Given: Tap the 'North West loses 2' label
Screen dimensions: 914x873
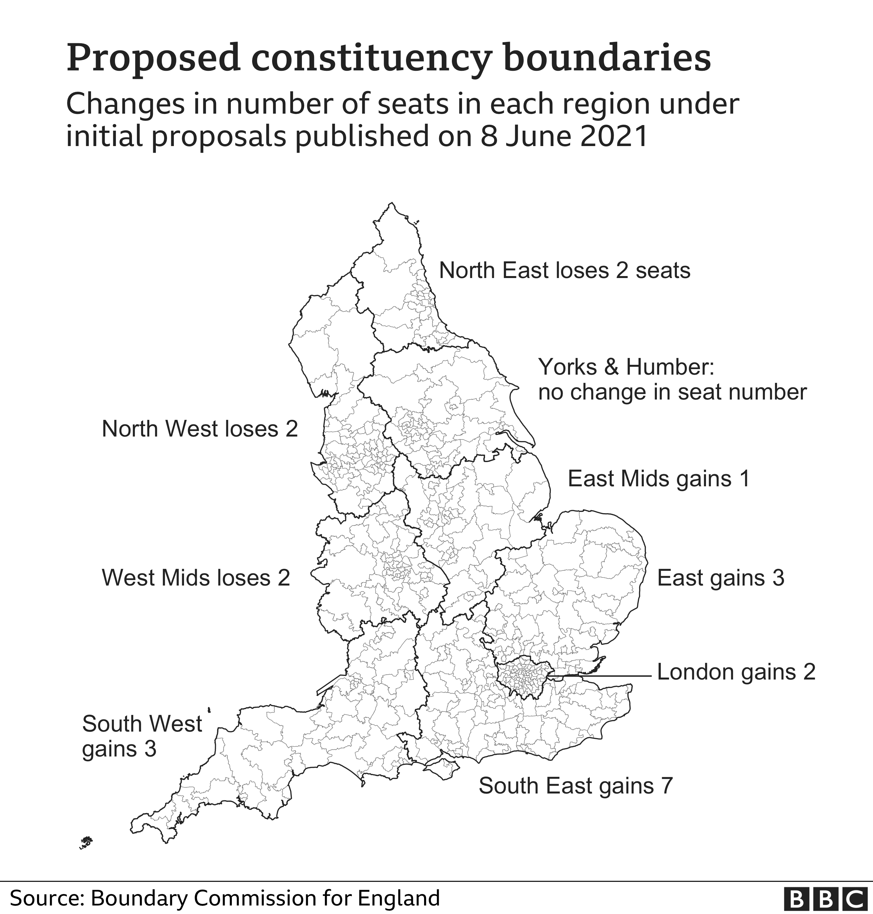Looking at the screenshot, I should [200, 429].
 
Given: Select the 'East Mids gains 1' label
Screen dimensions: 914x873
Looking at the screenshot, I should [659, 478].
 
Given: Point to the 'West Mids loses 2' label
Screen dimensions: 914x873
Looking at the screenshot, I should [196, 578].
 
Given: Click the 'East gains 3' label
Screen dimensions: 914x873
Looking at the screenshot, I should [721, 578].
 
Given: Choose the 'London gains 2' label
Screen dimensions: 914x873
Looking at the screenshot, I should [736, 672].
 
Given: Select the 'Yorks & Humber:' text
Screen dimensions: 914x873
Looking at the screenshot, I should [626, 367].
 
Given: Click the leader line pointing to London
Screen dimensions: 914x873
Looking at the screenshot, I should [605, 675].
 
